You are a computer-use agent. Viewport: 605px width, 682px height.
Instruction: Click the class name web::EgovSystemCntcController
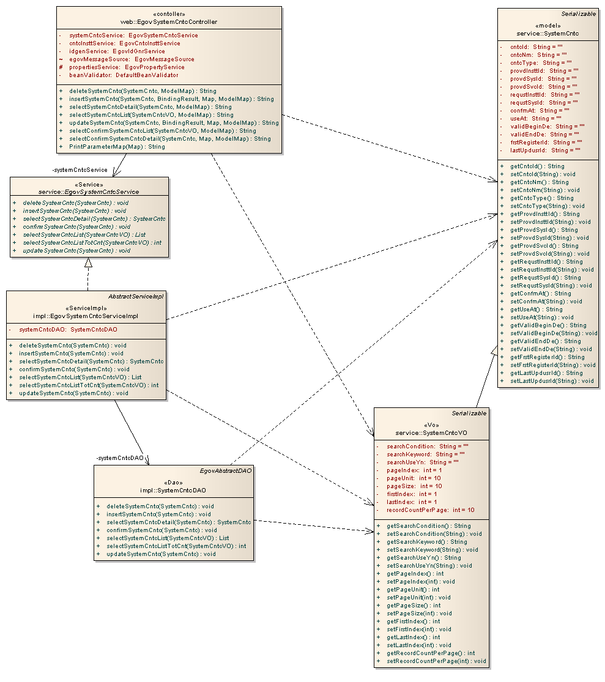tap(169, 22)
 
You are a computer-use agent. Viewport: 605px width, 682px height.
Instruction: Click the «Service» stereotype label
tap(89, 184)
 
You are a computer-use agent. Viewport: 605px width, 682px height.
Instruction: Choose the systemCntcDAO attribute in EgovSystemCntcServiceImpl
tap(68, 330)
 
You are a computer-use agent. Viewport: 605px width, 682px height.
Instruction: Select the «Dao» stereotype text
tap(174, 482)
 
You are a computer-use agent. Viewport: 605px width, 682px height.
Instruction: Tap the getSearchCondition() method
tap(428, 526)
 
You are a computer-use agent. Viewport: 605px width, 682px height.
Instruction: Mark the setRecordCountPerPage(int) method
tap(436, 661)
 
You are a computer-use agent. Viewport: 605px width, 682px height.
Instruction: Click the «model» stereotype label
tap(548, 26)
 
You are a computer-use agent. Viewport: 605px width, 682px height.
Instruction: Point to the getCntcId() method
tap(537, 166)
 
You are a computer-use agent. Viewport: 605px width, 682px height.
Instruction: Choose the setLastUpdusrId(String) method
tap(551, 380)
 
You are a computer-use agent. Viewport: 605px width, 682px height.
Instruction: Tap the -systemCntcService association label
tap(80, 169)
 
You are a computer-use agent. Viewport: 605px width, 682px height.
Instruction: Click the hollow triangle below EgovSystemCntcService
tap(88, 263)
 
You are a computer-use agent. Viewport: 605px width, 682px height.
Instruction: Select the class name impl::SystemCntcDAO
tap(174, 490)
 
